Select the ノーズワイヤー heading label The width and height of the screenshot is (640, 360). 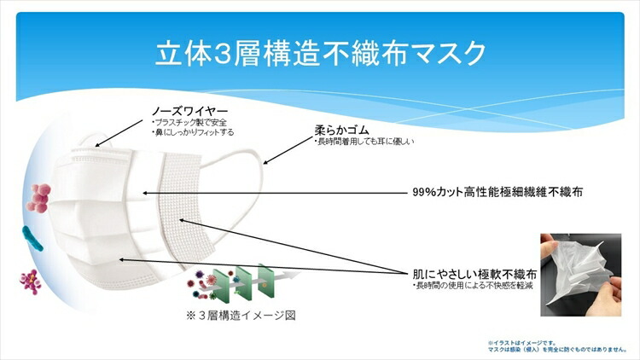pos(189,112)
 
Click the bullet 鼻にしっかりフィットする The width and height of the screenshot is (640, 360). pos(192,133)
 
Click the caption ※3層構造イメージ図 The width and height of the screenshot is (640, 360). pos(241,315)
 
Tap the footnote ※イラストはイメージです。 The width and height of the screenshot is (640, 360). pos(522,342)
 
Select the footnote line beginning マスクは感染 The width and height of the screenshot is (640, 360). pos(556,349)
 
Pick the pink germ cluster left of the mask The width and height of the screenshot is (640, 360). pos(39,197)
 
